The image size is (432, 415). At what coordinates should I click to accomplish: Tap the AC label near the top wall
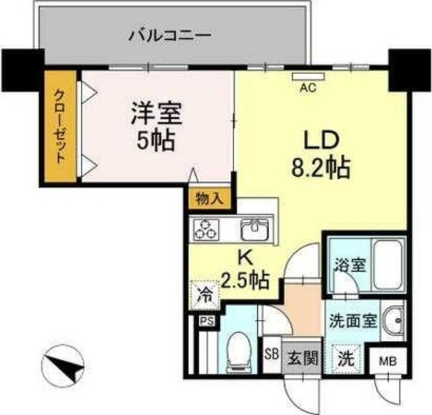(308, 86)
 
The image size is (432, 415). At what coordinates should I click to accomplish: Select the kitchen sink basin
(254, 229)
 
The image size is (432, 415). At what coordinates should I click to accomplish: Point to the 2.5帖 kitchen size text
(246, 277)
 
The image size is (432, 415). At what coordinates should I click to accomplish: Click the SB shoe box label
(271, 354)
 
